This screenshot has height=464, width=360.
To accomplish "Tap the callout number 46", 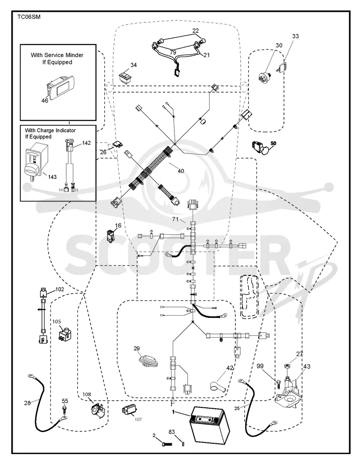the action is pos(45,101).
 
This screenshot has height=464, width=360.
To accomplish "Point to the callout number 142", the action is pos(86,143).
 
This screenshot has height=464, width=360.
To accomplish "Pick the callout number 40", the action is pos(180,171).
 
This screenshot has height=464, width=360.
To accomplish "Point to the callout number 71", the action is pos(175,219).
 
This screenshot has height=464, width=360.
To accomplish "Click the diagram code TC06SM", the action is pos(29,17).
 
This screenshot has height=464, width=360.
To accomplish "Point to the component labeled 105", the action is pos(64,333).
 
